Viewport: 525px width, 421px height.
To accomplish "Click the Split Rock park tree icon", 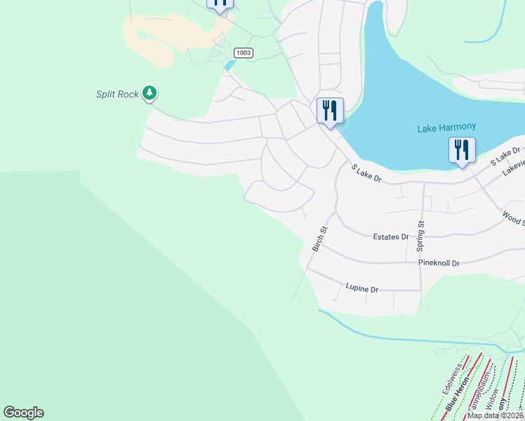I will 149,93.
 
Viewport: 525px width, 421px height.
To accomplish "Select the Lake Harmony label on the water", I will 446,128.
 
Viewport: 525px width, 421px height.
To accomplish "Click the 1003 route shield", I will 244,53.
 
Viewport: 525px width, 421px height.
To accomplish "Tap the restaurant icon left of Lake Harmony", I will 329,111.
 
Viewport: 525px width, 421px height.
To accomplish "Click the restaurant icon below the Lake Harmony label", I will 462,150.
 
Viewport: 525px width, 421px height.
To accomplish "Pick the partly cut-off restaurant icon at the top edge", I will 220,4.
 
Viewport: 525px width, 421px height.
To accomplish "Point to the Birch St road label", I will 320,239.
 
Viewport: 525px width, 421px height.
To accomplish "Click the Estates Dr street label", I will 390,237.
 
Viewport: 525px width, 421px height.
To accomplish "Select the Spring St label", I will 420,236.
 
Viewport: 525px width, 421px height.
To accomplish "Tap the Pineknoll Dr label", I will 439,263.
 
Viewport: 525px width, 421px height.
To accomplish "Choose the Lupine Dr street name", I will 362,288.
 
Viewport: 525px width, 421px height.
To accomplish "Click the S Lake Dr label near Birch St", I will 366,174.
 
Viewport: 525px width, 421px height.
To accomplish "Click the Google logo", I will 23,413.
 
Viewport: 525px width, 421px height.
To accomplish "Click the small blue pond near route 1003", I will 230,66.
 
